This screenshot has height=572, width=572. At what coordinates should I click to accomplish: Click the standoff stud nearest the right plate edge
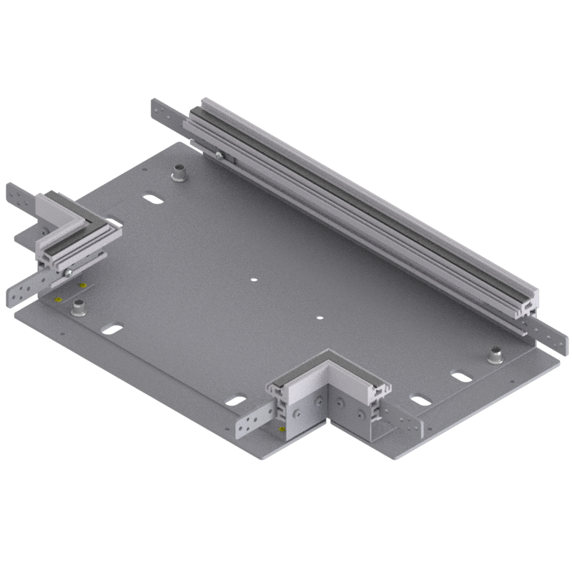[x=494, y=354]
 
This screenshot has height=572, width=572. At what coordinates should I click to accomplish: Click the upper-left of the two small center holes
[x=253, y=279]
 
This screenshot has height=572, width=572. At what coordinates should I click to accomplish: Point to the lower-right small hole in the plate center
[x=320, y=317]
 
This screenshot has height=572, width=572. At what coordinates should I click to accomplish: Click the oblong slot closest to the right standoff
[x=460, y=376]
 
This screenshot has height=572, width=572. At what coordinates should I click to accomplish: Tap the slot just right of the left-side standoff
[x=112, y=330]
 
